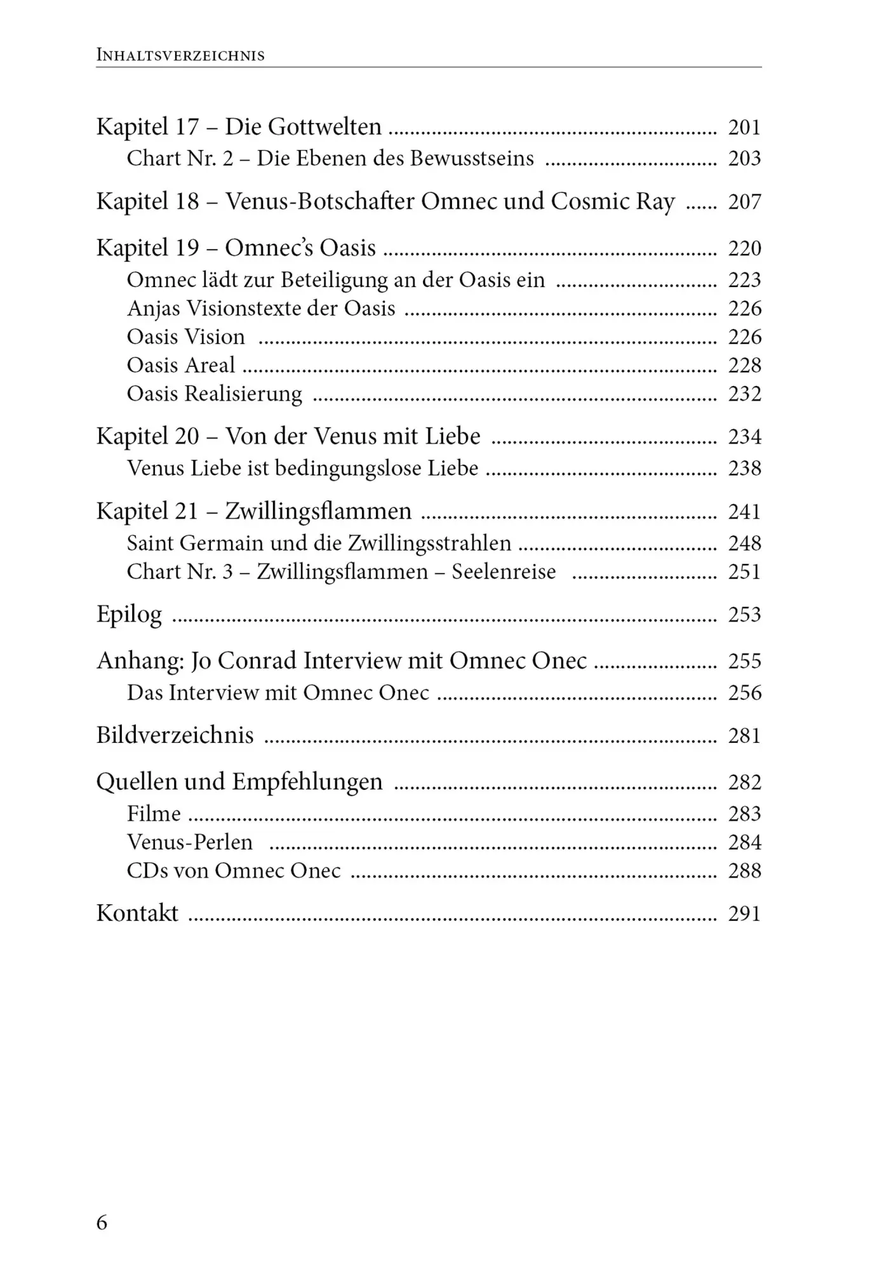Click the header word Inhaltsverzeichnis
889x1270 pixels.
pos(180,55)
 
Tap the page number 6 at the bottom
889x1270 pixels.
pos(102,1223)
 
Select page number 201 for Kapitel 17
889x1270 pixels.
pos(744,128)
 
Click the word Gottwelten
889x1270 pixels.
pos(325,127)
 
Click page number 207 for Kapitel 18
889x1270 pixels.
pos(744,202)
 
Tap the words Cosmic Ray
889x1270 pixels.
pos(613,201)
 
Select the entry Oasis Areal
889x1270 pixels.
pos(181,365)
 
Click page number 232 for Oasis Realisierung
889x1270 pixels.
pos(744,394)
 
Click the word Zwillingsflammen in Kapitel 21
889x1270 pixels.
pos(318,511)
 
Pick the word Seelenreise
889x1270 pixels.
pos(504,572)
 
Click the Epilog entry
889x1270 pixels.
pos(129,615)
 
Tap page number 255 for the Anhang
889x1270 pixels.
pos(744,661)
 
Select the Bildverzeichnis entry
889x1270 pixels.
pos(175,735)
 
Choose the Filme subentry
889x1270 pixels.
pos(154,814)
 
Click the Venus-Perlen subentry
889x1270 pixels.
pos(190,843)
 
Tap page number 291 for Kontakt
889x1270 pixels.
pos(744,914)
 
